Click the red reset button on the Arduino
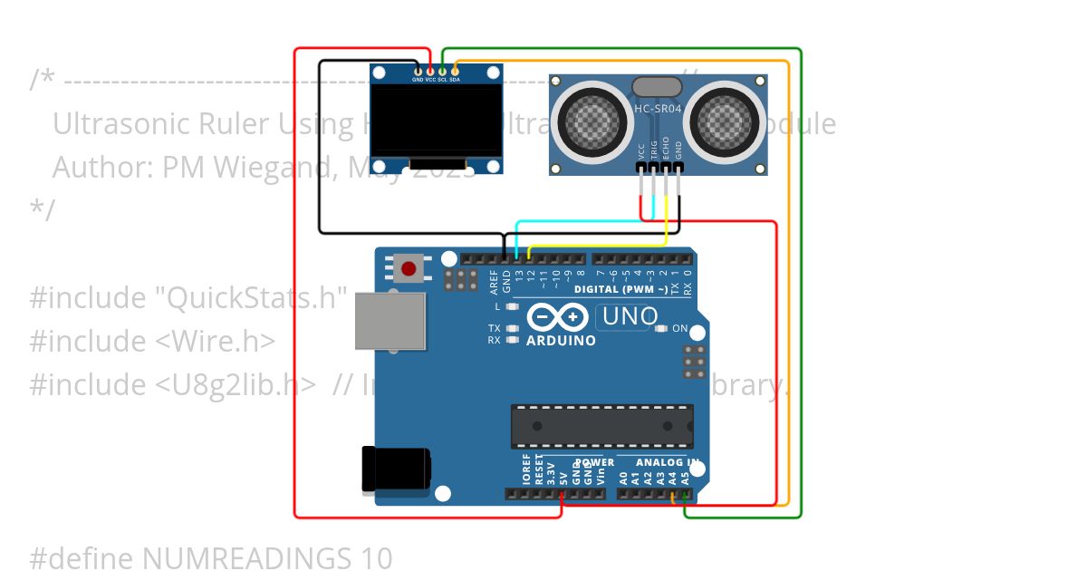(409, 268)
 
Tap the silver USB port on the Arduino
(390, 321)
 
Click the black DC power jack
(395, 469)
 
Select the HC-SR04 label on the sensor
(657, 109)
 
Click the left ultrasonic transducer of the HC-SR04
(590, 118)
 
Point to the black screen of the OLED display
(437, 121)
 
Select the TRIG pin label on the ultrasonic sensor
(654, 150)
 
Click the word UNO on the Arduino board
(630, 317)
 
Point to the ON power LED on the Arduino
(661, 328)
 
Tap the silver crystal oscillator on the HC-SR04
(657, 87)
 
